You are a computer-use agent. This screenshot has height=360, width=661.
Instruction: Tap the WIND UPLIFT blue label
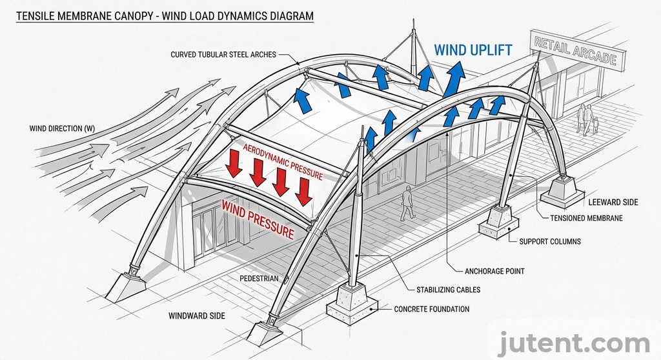pos(473,50)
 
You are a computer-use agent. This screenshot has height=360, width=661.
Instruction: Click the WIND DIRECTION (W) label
pos(62,128)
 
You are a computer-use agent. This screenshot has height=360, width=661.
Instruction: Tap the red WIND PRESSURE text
pos(258,218)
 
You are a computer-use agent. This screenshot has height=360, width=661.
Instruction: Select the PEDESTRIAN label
pos(259,279)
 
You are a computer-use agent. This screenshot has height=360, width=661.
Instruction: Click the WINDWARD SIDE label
pos(197,315)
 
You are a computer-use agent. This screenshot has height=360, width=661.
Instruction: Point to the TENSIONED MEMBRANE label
pos(586,218)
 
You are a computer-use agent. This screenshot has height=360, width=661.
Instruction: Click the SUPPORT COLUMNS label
pos(550,241)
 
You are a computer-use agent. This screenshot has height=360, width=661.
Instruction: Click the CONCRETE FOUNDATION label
pos(432,309)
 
